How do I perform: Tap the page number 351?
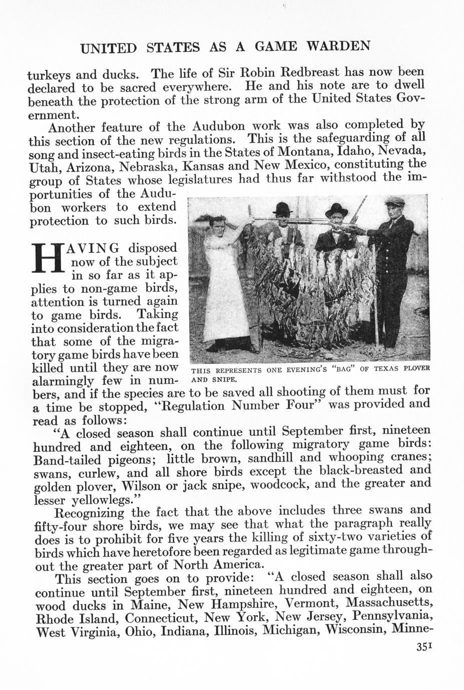coord(424,661)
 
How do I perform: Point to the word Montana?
coord(304,151)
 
